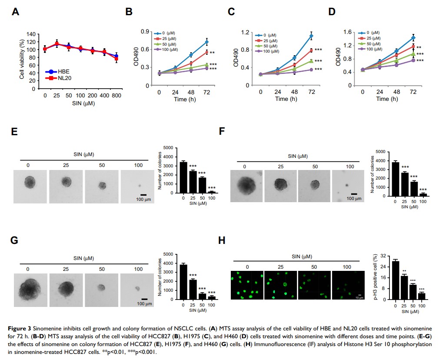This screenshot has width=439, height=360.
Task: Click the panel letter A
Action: point(16,12)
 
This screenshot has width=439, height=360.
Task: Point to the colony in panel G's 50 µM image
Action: point(101,287)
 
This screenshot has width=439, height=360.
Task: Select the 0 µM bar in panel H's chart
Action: point(396,280)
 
